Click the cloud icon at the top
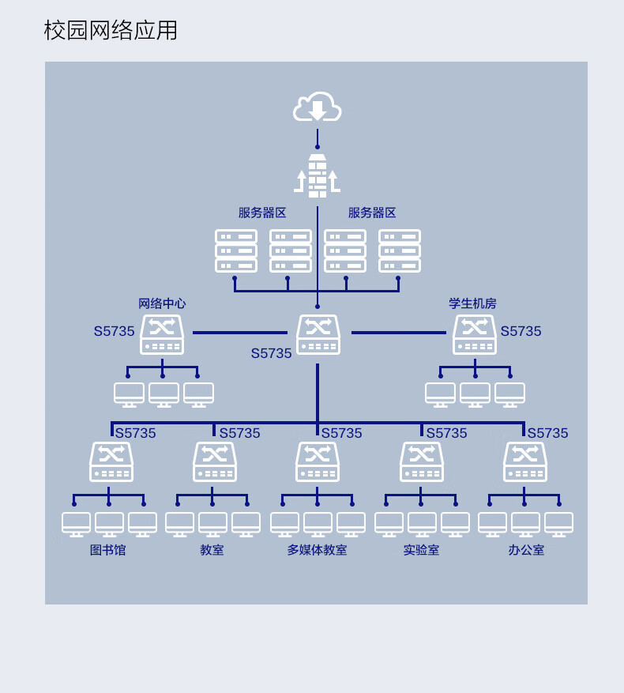(317, 107)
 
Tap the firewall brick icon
(318, 176)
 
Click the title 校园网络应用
(111, 31)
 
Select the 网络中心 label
(162, 303)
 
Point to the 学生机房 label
(472, 303)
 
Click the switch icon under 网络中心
(162, 334)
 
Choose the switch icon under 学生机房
(475, 334)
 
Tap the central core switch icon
(318, 334)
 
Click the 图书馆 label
(108, 550)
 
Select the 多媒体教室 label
(317, 550)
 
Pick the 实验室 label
(421, 550)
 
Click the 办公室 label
(526, 550)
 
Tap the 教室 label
(212, 550)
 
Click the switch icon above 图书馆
(111, 461)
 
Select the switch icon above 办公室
(525, 461)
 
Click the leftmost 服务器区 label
(262, 213)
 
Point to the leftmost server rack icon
(236, 250)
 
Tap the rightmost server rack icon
(400, 250)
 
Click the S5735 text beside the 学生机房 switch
(521, 331)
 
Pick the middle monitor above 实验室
(422, 525)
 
